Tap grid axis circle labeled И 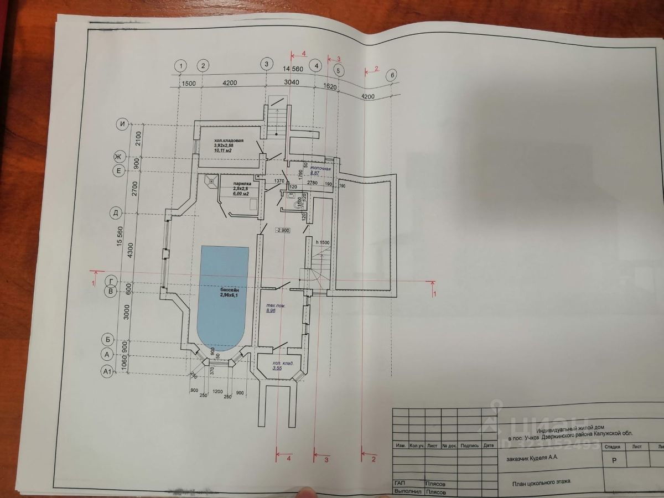coord(122,124)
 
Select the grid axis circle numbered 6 coord(392,76)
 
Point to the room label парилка coord(242,183)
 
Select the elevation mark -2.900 coord(282,230)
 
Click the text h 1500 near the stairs coord(322,242)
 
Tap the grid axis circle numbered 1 coord(180,66)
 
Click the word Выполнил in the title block coord(407,491)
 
